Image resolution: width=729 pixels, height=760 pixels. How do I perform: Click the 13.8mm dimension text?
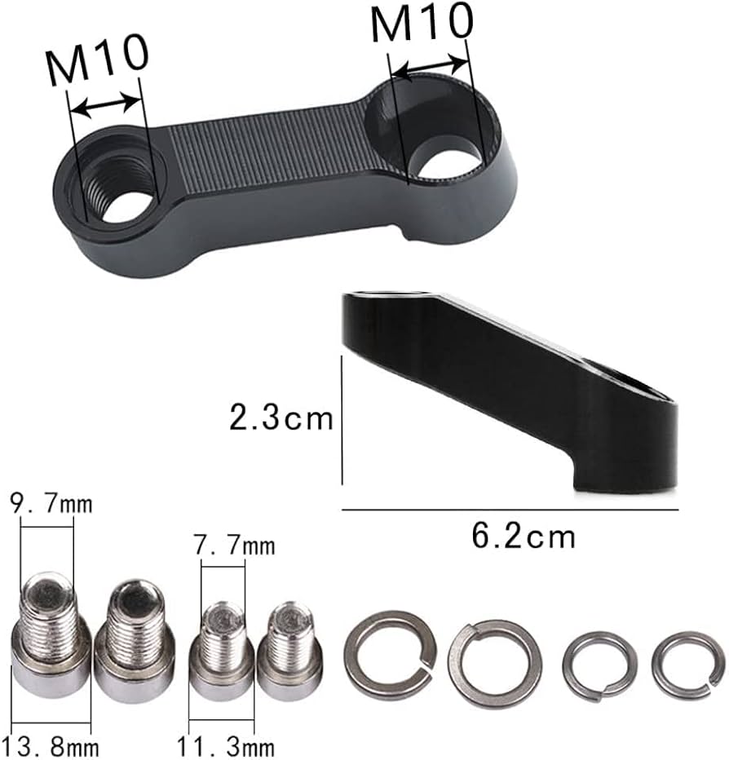coord(51,745)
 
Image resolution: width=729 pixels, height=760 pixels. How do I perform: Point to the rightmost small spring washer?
coord(687,665)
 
